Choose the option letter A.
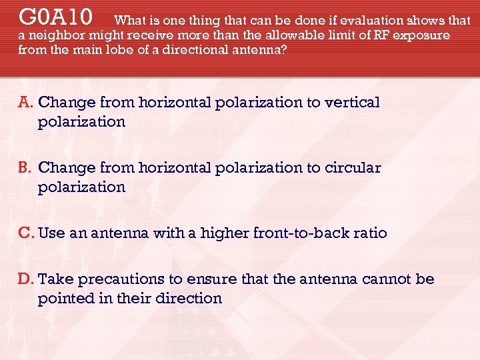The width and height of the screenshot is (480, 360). (x=26, y=102)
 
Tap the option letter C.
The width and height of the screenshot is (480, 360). (x=27, y=233)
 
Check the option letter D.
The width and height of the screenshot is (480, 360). (x=27, y=278)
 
